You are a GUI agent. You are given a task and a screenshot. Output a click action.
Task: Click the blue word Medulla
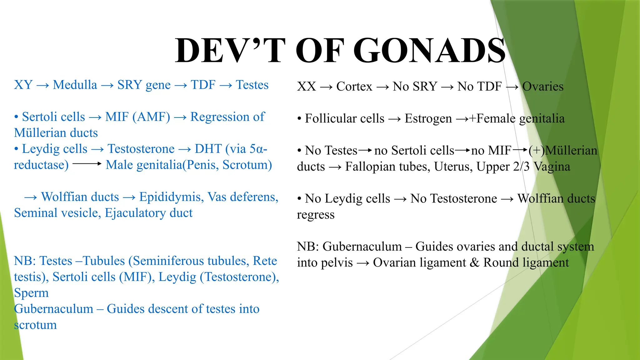tap(75, 85)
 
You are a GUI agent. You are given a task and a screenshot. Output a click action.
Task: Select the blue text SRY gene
tap(144, 85)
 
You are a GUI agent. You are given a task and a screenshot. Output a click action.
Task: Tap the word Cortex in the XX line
tap(354, 87)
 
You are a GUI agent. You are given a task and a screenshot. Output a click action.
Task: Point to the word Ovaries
tap(543, 87)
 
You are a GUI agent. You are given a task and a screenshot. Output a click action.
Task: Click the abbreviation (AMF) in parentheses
tap(151, 117)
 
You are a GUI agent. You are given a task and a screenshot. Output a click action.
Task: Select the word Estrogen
tap(428, 119)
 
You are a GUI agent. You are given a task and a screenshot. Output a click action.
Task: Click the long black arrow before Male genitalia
tap(87, 164)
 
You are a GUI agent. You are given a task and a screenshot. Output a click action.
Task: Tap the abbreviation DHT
tap(208, 149)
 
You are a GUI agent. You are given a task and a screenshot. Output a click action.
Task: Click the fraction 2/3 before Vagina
tap(521, 167)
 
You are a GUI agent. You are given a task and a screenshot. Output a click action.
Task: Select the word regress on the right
tap(316, 215)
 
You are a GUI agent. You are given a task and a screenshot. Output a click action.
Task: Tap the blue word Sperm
tap(31, 293)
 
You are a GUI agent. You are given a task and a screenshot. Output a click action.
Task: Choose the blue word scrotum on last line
tap(35, 325)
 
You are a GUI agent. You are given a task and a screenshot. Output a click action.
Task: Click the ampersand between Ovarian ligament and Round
tap(474, 262)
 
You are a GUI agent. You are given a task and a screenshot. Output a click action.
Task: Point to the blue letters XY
tap(23, 85)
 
